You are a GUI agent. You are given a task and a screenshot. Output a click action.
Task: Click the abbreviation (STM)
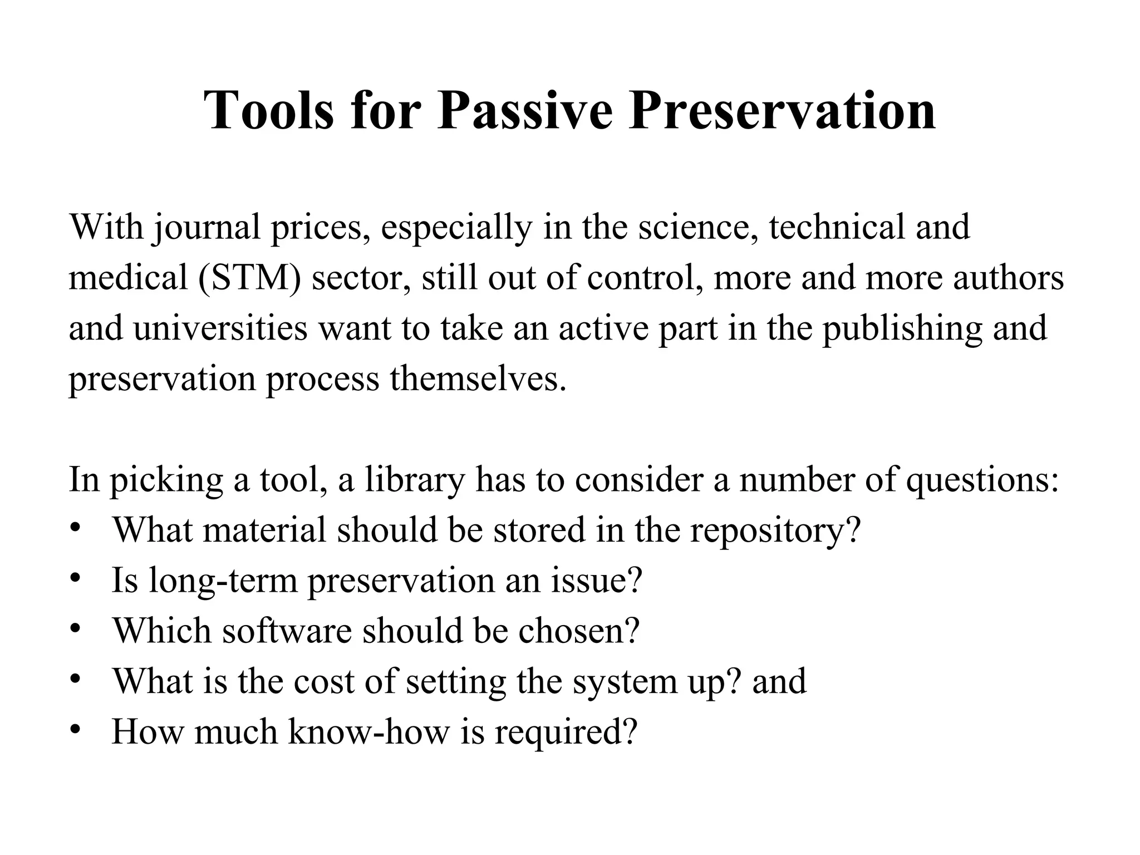pos(249,277)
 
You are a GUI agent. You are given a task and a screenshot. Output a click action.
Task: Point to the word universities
pos(220,327)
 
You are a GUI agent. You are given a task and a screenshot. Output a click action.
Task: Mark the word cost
pos(323,681)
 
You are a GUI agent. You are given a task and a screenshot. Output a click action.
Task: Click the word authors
pos(1008,277)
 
